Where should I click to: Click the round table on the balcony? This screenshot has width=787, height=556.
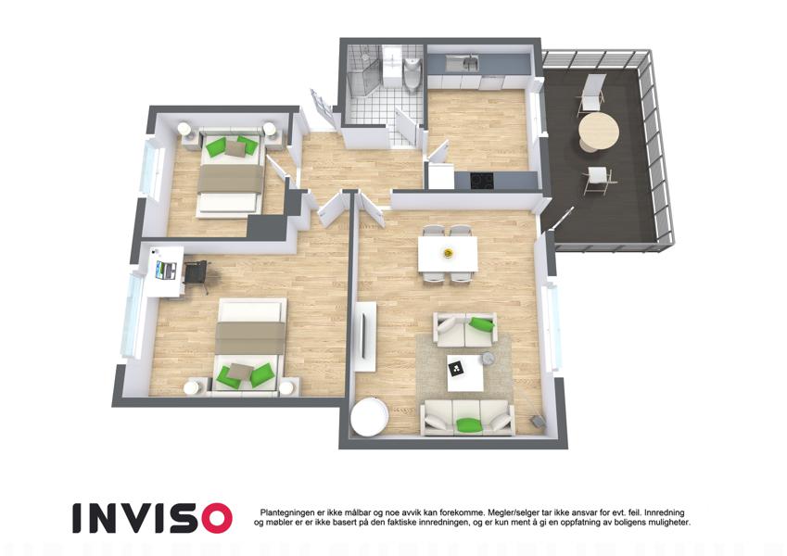tap(598, 131)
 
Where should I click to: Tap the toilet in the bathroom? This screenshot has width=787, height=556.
tap(412, 75)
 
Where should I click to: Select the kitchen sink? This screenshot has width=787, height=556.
tap(463, 64)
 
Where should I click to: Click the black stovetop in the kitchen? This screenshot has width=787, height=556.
tap(481, 179)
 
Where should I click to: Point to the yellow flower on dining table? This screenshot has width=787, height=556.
tap(447, 253)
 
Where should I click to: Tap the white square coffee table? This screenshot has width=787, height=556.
tap(465, 373)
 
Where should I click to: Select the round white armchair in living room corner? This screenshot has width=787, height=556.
tap(369, 416)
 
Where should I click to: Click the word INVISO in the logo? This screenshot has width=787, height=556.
tap(153, 518)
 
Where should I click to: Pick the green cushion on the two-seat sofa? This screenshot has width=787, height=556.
tap(481, 323)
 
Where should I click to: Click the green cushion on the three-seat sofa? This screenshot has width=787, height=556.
tap(469, 424)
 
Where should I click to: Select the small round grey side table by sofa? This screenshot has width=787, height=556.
tap(489, 358)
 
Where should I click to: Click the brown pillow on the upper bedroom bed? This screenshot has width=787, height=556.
tap(235, 148)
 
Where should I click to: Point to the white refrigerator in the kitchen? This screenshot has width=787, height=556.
tap(440, 176)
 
